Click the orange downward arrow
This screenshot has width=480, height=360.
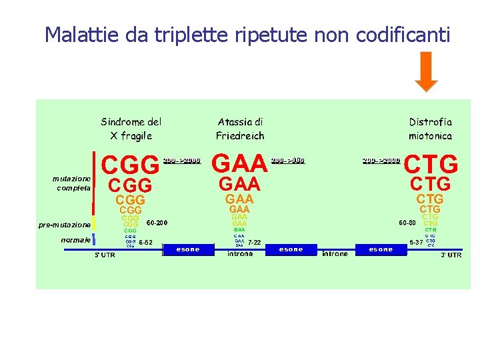426,72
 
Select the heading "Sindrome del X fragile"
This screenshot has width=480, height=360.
131,129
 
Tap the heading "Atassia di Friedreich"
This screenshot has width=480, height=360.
240,129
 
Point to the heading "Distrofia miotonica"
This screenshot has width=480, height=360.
430,129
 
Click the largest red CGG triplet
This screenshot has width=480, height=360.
130,163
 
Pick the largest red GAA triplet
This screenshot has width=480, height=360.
239,163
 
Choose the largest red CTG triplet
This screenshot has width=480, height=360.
431,163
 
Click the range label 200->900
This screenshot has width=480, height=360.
288,160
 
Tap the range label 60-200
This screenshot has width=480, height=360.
157,223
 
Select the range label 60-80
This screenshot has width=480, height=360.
407,223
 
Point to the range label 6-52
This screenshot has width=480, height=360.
145,242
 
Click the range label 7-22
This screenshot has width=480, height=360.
254,242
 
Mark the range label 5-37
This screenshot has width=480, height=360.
416,242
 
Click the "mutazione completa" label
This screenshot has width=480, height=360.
72,183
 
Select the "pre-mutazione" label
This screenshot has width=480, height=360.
64,225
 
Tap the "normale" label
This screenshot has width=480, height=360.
75,240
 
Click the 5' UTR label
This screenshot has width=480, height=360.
104,256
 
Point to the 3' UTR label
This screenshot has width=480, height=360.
451,255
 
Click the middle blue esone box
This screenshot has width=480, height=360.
291,249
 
